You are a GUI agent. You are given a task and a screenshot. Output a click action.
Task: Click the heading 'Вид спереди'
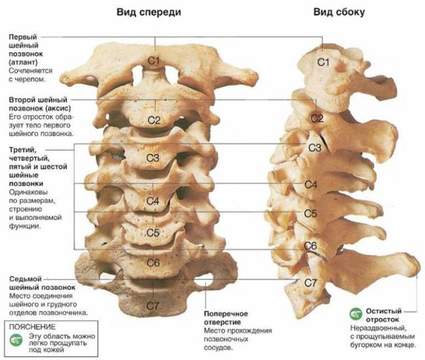[x=149, y=12]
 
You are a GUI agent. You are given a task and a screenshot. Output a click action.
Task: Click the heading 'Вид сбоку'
[x=339, y=12]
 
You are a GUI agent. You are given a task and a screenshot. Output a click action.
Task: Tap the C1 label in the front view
[x=153, y=62]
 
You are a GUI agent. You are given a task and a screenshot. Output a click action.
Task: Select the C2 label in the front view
[x=155, y=120]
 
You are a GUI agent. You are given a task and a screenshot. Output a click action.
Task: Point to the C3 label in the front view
[x=153, y=158]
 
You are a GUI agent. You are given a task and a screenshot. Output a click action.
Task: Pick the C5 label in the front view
[x=153, y=232]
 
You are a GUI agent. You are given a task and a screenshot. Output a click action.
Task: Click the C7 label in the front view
[x=153, y=306]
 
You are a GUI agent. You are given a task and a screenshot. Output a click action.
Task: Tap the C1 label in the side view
[x=323, y=63]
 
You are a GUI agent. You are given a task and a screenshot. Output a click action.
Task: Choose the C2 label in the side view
[x=317, y=118]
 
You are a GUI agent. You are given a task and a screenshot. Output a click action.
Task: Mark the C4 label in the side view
[x=310, y=185]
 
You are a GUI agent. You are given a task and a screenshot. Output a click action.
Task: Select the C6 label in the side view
[x=310, y=246]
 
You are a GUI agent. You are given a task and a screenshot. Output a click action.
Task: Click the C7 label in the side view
[x=310, y=283]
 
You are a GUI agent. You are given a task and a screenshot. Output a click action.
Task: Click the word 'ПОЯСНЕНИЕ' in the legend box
[x=32, y=327]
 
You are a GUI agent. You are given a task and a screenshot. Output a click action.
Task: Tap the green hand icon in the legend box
[x=16, y=340]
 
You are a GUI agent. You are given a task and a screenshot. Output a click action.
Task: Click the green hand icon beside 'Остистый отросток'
[x=356, y=314]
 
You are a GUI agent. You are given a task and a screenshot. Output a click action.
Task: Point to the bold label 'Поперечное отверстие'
[x=222, y=318]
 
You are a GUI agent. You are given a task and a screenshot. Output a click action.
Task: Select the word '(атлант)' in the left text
[x=24, y=62]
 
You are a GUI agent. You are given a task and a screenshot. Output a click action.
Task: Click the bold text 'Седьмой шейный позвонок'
[x=43, y=283]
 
